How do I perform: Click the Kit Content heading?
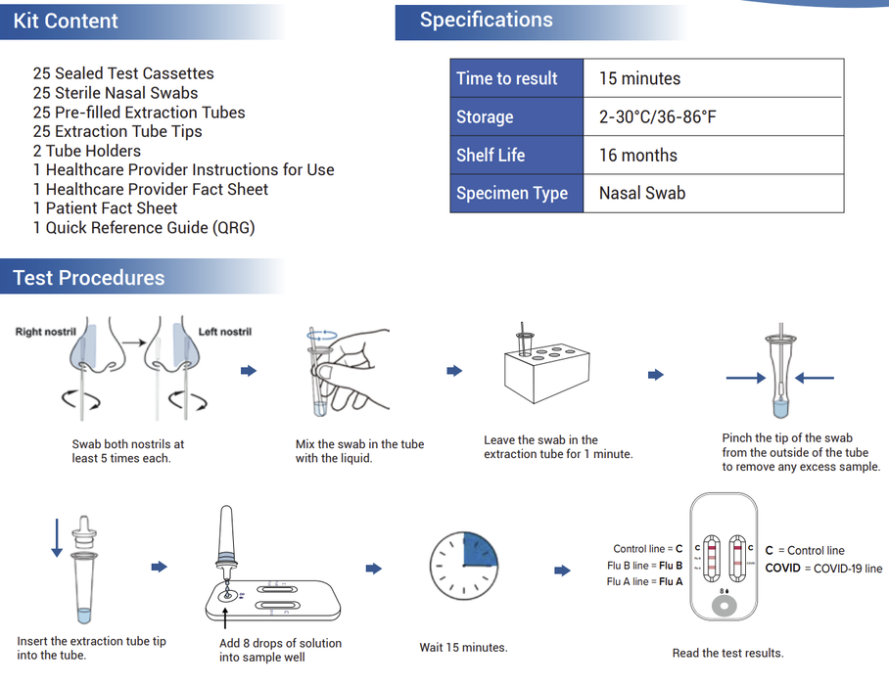point(66,21)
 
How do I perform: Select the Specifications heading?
point(486,20)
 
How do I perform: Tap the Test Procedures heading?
point(89,278)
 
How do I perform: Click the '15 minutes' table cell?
point(639,78)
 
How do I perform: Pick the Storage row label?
point(485,116)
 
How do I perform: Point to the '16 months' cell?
point(637,155)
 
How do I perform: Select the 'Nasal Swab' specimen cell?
point(641,193)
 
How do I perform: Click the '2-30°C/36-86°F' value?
point(657,116)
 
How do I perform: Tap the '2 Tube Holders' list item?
point(87,151)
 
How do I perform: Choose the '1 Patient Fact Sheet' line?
point(105,208)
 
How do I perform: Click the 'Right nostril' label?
point(45,332)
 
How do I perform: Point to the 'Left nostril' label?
point(224,332)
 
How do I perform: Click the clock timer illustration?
point(464,568)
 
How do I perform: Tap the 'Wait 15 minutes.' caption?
point(463,647)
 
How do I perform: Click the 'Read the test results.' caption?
point(727,653)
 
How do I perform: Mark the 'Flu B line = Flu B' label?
point(644,566)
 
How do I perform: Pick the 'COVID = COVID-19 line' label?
point(822,569)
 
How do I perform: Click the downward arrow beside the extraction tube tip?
point(57,539)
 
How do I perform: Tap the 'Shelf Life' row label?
point(491,155)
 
